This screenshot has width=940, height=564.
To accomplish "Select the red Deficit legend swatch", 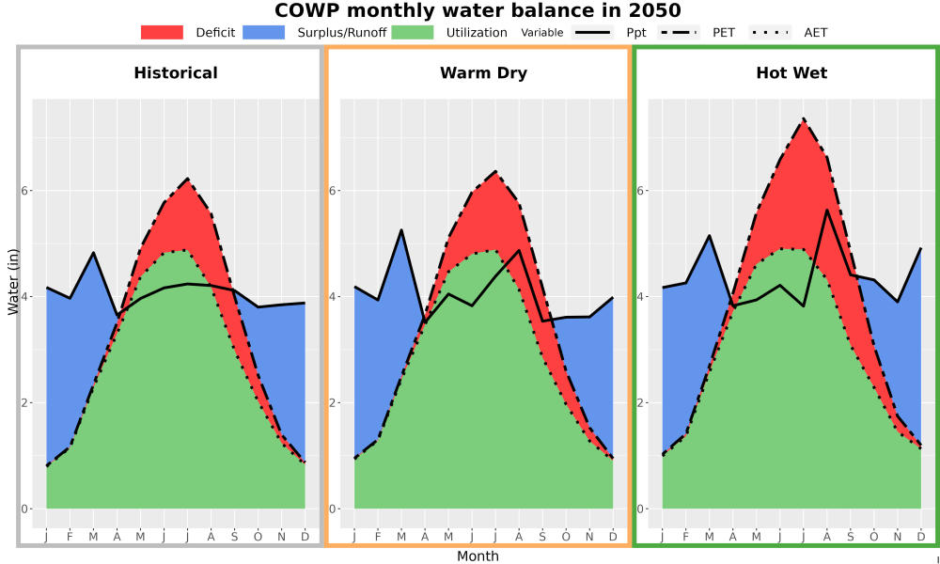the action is pyautogui.click(x=162, y=32).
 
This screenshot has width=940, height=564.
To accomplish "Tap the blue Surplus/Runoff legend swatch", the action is pyautogui.click(x=264, y=32).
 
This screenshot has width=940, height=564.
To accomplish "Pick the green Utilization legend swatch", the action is pyautogui.click(x=413, y=32).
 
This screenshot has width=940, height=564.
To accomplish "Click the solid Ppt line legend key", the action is pyautogui.click(x=592, y=32).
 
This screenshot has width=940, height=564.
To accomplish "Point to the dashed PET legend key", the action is pyautogui.click(x=678, y=32).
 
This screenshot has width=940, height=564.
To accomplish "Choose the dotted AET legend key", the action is pyautogui.click(x=770, y=32).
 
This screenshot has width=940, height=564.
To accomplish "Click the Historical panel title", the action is pyautogui.click(x=176, y=73).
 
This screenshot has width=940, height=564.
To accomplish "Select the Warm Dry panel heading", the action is pyautogui.click(x=484, y=73).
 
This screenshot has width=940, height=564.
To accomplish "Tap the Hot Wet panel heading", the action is pyautogui.click(x=791, y=73).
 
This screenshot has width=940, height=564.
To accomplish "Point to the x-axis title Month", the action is pyautogui.click(x=478, y=556).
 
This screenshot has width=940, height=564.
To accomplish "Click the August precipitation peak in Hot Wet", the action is pyautogui.click(x=826, y=210).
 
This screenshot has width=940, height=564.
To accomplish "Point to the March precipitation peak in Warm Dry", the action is pyautogui.click(x=401, y=230).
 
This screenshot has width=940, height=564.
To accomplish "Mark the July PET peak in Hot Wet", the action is pyautogui.click(x=804, y=118).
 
